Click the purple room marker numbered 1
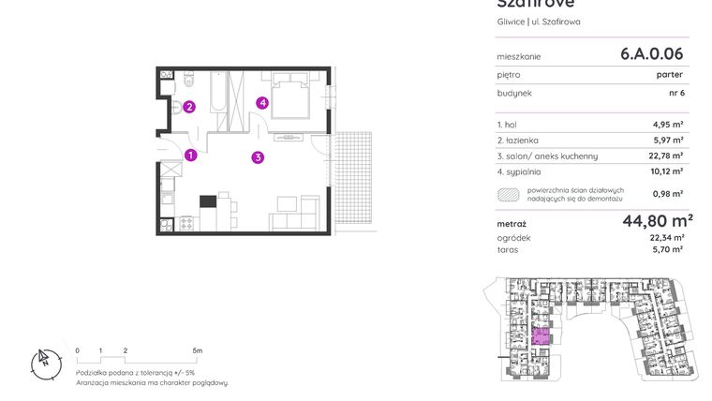[190, 156]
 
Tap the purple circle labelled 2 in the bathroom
[189, 107]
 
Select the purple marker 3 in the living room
[258, 157]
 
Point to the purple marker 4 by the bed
[264, 103]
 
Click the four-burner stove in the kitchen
[185, 224]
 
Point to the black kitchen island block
[208, 200]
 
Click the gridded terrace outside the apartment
[354, 178]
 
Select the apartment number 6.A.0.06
[651, 54]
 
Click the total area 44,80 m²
[657, 222]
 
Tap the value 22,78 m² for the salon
[666, 156]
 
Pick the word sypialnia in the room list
[526, 171]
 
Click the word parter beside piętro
[669, 75]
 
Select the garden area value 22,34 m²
[666, 238]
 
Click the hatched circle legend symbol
[509, 195]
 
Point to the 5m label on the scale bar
[197, 350]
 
